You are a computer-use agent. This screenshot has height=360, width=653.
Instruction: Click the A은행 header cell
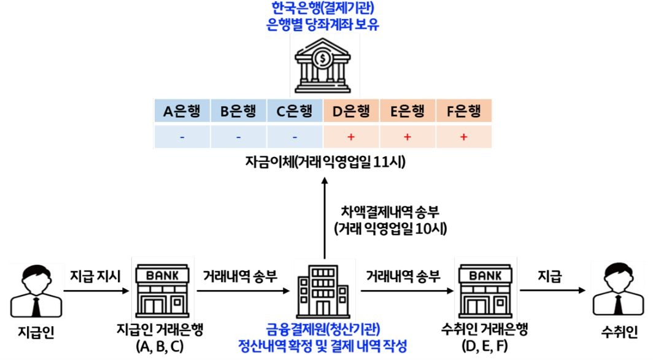182,112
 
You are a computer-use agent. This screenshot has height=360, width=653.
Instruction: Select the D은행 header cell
351,112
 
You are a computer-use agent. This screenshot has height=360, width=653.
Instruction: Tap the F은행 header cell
463,112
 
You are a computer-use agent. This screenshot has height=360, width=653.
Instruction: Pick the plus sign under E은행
407,137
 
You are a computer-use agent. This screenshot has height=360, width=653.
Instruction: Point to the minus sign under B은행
238,137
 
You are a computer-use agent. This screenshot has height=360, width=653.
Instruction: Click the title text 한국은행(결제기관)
323,9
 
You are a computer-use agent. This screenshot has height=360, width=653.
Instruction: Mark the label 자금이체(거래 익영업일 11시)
323,163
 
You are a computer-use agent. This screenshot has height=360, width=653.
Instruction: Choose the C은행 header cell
295,112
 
